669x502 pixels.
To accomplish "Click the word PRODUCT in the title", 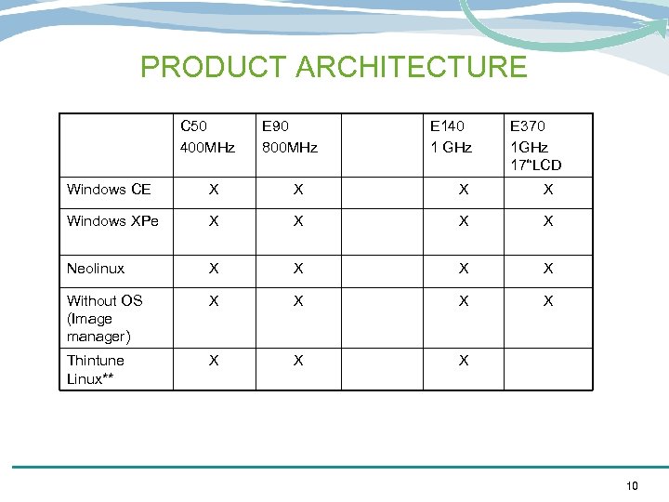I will coord(215,67).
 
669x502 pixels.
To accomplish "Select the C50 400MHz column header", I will coord(207,137).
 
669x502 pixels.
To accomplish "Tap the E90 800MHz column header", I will coord(290,137).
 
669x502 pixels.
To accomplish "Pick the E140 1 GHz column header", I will coord(451,137).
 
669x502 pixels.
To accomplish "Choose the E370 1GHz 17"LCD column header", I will coord(536,146).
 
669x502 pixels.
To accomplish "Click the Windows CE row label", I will coord(109,190).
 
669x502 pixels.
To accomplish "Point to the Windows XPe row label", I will coord(112,221).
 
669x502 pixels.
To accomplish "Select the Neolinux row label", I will coord(96,269).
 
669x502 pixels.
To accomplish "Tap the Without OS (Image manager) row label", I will coord(104,318).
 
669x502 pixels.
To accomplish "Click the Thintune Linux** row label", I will coord(95,369).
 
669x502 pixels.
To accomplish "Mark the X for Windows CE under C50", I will coord(214,190).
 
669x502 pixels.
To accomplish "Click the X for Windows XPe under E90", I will coord(297,221).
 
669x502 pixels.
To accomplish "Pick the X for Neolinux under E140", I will coord(464,269).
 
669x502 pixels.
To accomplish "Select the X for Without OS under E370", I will coord(548,301).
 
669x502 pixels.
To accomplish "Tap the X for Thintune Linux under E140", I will coord(464,361).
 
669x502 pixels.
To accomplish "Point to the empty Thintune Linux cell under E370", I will coord(548,369).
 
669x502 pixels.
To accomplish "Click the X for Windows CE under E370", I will coord(548,190).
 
